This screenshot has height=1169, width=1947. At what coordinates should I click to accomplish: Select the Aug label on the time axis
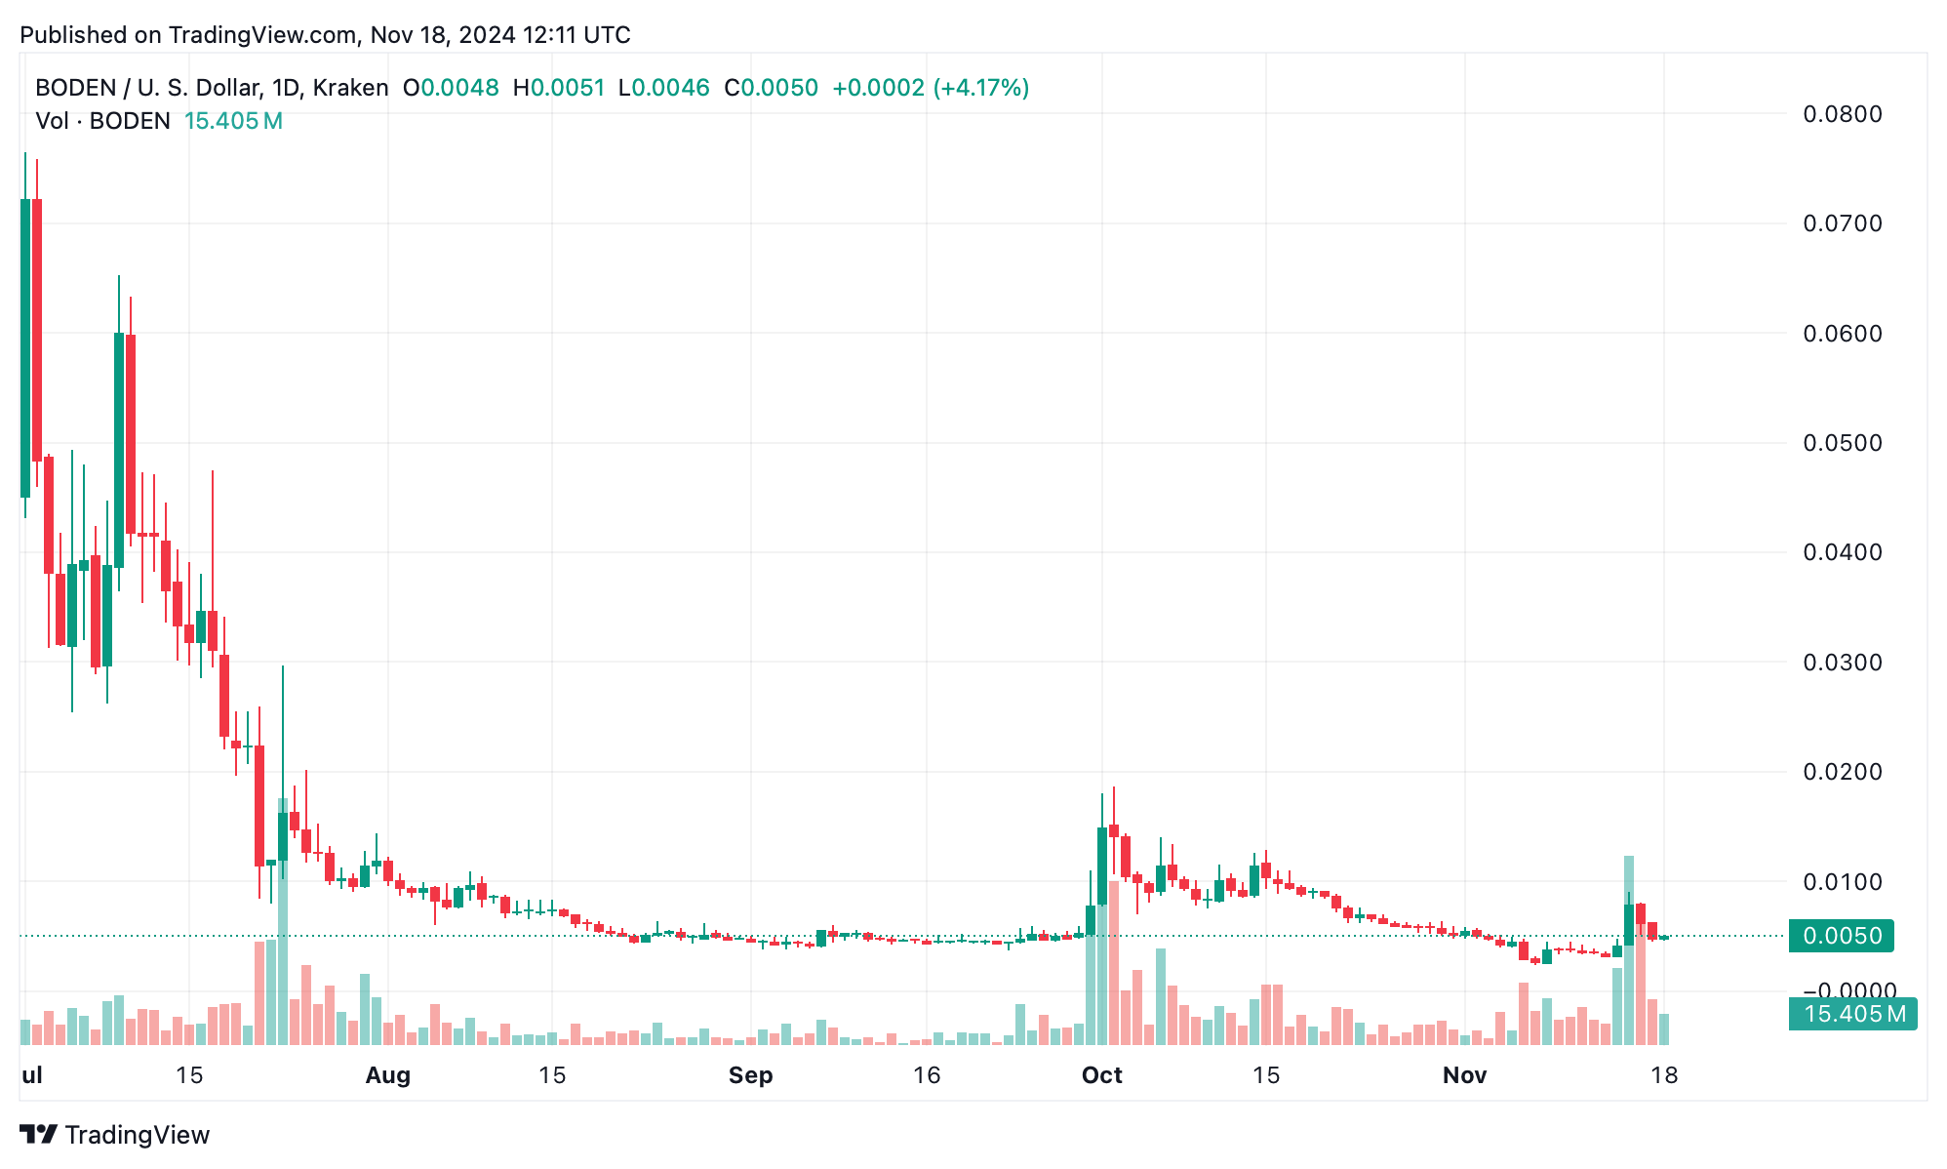tap(387, 1075)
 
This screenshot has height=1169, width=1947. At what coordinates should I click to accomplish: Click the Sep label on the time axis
tap(750, 1075)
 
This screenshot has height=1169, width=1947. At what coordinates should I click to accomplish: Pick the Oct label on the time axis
tap(1101, 1075)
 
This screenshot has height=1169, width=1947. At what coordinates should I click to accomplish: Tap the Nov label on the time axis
tap(1464, 1075)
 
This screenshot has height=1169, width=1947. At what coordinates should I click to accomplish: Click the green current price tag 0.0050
tap(1841, 936)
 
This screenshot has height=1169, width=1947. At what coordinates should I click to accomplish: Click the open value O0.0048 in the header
tap(451, 88)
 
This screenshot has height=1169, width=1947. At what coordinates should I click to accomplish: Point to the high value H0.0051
tap(559, 88)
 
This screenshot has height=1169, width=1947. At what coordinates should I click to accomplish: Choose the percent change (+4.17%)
tap(980, 88)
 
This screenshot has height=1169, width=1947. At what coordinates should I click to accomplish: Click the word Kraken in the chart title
tap(350, 88)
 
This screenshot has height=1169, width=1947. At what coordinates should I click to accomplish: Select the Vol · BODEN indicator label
tap(102, 121)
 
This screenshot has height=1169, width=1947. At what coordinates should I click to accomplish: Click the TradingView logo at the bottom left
tap(115, 1135)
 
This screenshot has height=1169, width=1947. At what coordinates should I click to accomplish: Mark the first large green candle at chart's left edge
tap(25, 347)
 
